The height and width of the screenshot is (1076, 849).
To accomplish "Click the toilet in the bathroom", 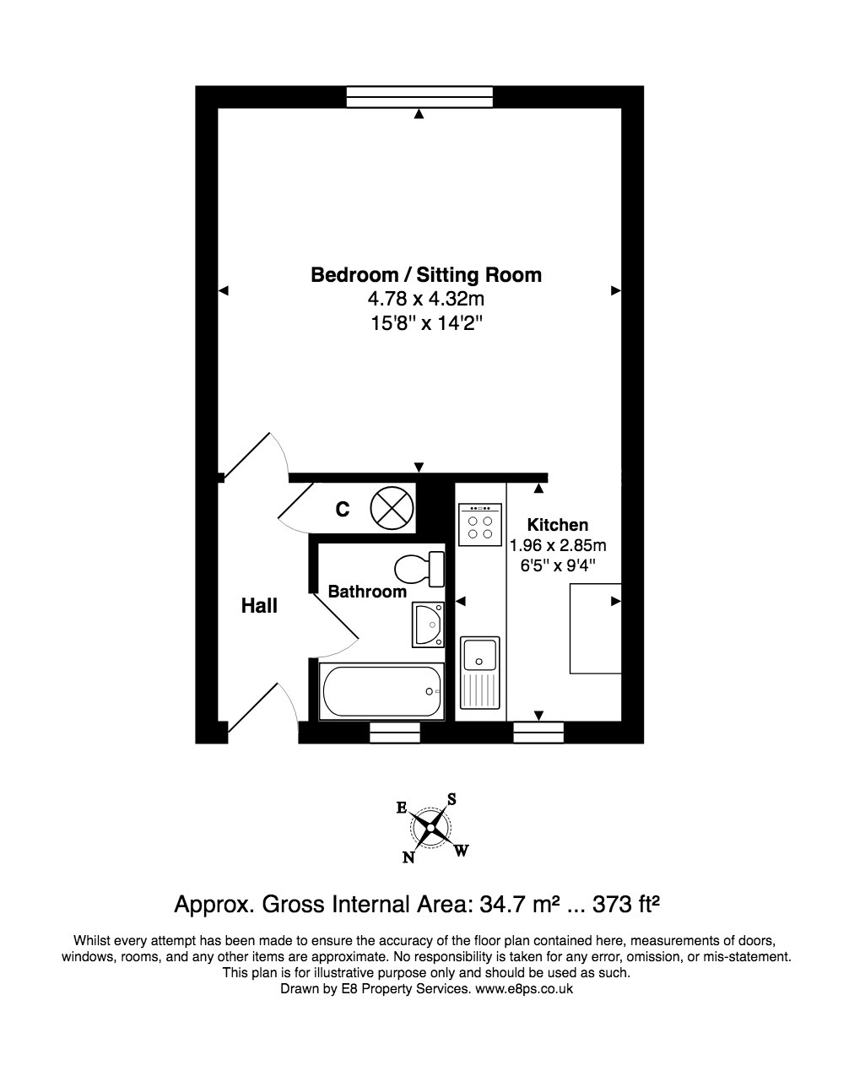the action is tap(419, 569).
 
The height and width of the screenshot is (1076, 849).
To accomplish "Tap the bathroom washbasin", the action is tap(429, 625).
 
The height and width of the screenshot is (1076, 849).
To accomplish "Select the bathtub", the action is tap(381, 691).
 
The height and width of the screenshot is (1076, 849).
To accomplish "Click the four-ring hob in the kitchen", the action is tap(480, 525).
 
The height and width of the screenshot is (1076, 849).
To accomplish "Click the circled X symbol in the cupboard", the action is tap(392, 508).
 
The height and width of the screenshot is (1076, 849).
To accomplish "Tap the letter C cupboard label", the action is tap(343, 510).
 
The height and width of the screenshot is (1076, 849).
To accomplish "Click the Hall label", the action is tap(259, 605).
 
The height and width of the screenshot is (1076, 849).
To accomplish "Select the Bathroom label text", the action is tap(367, 592).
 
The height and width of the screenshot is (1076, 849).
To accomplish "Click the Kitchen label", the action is tap(558, 525).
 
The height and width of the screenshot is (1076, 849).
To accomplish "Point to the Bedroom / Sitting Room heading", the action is tap(426, 275).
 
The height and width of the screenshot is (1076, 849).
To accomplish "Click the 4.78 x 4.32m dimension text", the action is tap(426, 299).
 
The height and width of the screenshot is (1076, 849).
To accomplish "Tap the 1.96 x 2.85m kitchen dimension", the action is tap(558, 545).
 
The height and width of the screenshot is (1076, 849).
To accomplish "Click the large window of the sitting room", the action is tap(419, 96).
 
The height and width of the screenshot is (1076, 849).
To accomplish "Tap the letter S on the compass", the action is tap(452, 799).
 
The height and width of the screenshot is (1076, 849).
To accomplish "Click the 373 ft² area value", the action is tap(626, 904).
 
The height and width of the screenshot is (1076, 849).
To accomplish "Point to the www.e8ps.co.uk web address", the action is tap(524, 988).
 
